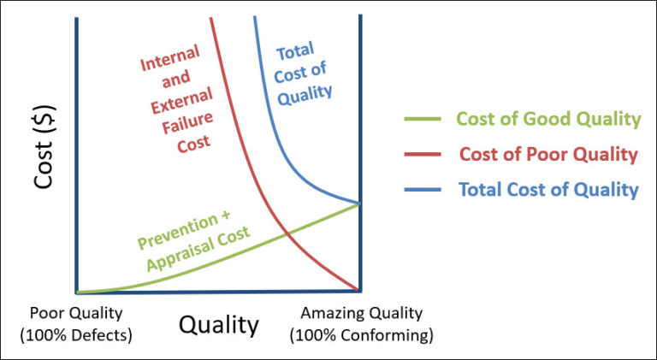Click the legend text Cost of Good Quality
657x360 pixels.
(x=547, y=119)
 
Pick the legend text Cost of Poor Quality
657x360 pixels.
(x=548, y=155)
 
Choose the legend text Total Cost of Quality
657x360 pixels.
(x=548, y=190)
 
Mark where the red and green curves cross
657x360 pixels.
(x=286, y=233)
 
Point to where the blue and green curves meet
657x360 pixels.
(x=358, y=204)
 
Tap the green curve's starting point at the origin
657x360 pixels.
(x=78, y=292)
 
